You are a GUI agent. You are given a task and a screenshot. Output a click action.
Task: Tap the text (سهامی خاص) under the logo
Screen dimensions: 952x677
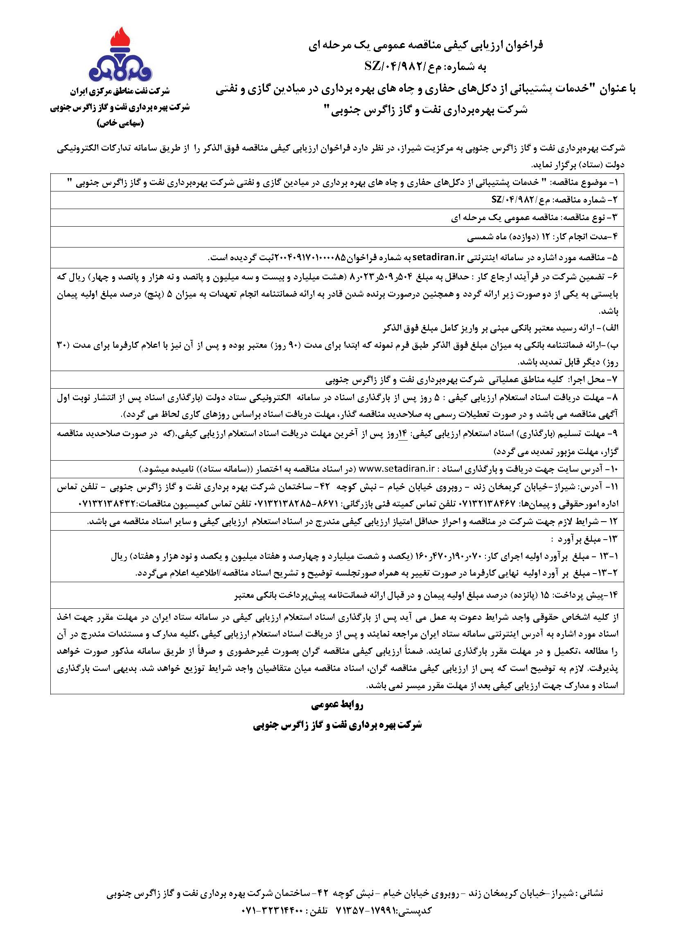pyautogui.click(x=120, y=124)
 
